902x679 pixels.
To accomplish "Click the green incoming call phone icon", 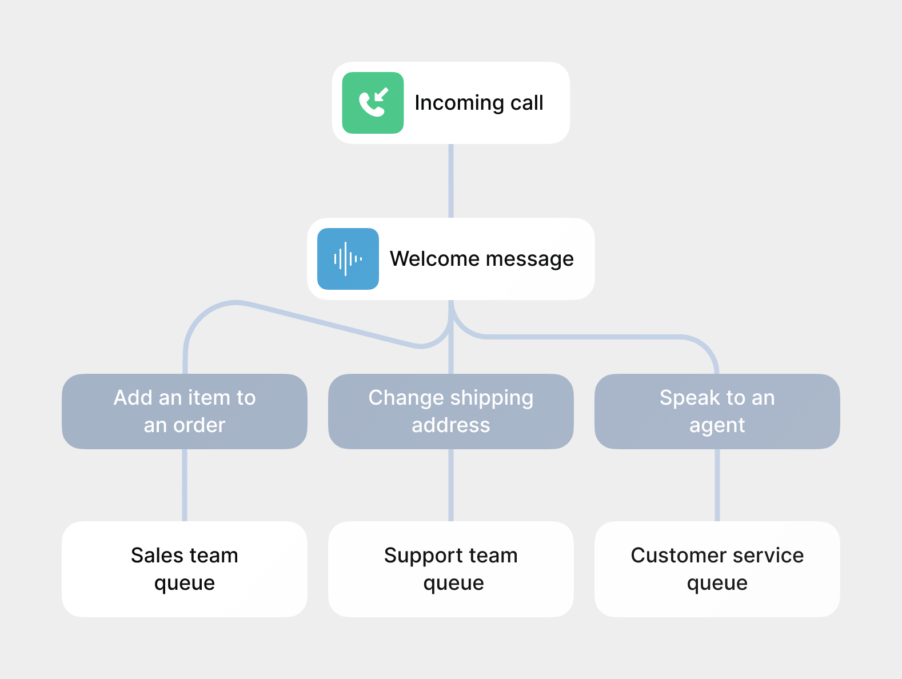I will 373,103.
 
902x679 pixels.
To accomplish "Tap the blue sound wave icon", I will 348,259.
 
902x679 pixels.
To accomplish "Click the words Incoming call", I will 478,103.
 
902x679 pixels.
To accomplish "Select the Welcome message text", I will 481,259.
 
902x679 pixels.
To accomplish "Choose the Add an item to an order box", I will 184,412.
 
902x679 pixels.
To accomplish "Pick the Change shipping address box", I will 450,412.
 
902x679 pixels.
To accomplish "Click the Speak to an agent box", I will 717,412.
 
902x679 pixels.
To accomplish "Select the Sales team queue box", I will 184,569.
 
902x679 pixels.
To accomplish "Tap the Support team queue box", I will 450,569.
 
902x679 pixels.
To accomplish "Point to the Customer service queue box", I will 717,569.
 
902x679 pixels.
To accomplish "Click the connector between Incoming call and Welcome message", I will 451,181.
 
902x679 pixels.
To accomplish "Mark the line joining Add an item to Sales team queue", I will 185,485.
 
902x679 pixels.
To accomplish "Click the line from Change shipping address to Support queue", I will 451,485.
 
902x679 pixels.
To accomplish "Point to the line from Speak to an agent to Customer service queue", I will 717,485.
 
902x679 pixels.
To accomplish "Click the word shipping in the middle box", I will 492,398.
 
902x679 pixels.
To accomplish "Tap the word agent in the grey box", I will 717,426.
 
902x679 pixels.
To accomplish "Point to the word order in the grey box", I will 199,425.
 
